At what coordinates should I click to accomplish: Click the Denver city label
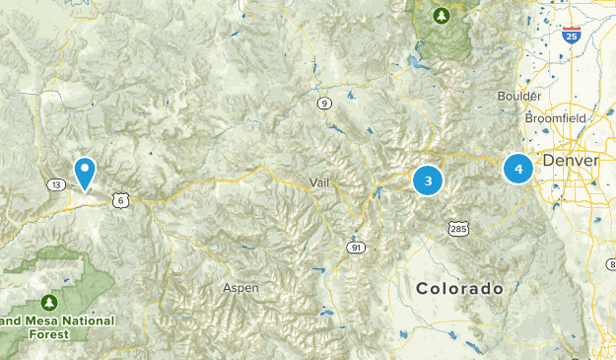coord(571,160)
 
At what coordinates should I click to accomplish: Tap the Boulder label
coord(519,96)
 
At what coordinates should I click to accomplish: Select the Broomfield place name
coord(555,117)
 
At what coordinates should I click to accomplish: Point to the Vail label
coord(319,182)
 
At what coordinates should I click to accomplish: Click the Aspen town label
coord(240,288)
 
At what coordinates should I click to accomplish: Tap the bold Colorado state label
coord(459,289)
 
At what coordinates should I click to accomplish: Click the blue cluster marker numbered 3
coord(428,180)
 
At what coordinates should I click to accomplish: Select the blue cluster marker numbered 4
coord(518,169)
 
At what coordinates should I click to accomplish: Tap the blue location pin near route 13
coord(86,171)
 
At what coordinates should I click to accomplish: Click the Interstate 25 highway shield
coord(572,36)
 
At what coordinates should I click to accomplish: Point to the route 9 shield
coord(323,103)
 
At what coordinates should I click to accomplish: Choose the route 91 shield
coord(355,247)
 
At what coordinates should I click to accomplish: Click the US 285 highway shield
coord(459,229)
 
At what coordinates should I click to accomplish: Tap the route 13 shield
coord(56,185)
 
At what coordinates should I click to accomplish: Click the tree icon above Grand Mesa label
coord(48,301)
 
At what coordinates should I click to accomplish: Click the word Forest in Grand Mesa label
coord(48,334)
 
